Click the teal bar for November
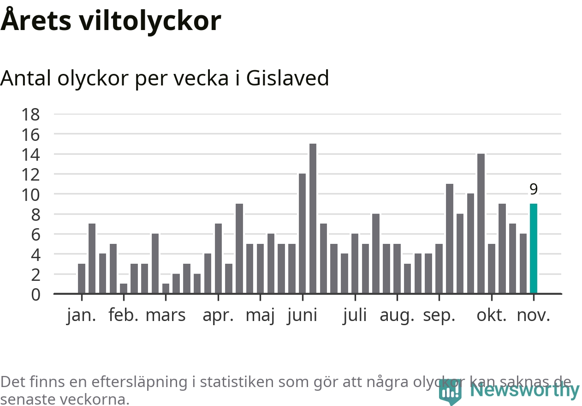pos(534,248)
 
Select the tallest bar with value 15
pos(313,218)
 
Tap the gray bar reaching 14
pos(481,224)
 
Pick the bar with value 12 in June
pos(302,233)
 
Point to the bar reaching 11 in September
pos(449,238)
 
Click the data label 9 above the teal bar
pos(534,189)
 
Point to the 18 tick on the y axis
pos(31,114)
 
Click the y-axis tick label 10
pos(31,194)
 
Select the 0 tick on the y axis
pos(36,295)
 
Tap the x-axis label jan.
pos(81,315)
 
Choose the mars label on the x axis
pos(166,315)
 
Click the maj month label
pos(260,315)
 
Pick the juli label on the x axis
pos(355,315)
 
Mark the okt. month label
pos(492,315)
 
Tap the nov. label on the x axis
pos(534,315)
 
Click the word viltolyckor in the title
pos(150,21)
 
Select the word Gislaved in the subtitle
pos(287,78)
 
